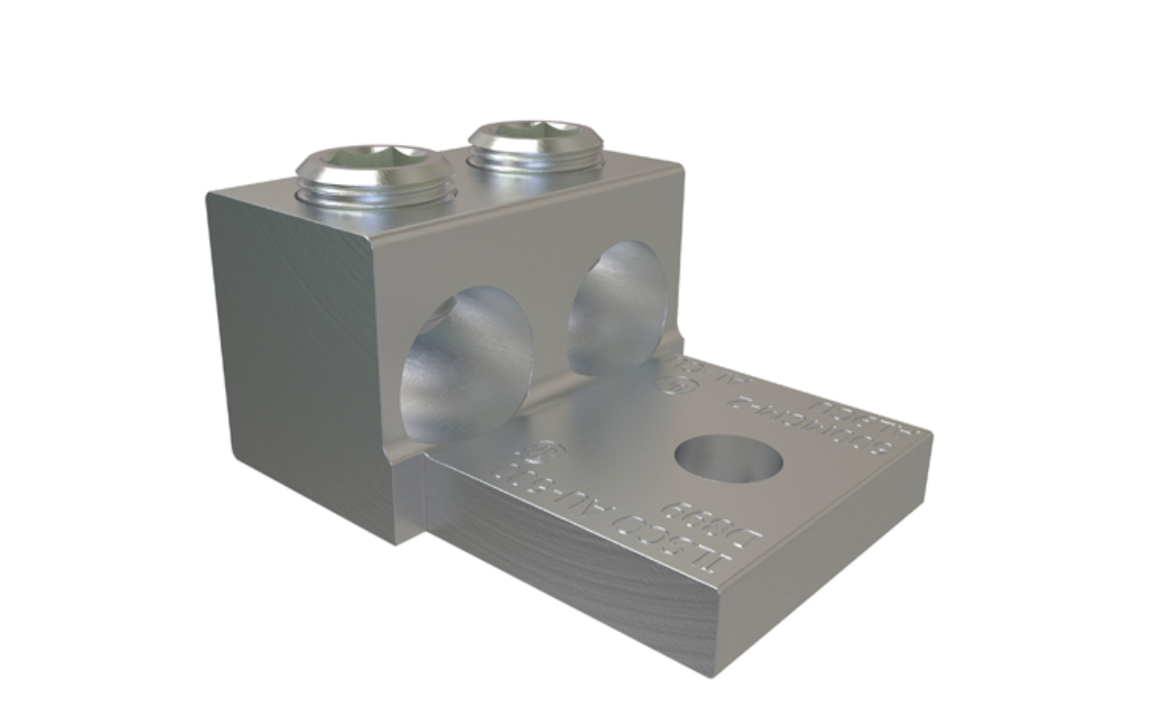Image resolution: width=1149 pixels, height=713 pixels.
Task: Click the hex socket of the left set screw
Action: [374, 164]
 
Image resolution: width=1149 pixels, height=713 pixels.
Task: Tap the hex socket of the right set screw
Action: [534, 134]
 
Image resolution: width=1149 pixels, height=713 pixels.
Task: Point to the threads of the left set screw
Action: [376, 194]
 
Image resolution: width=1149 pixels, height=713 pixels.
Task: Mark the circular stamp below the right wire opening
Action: [671, 383]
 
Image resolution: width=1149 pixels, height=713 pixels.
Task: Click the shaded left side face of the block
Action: [292, 351]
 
